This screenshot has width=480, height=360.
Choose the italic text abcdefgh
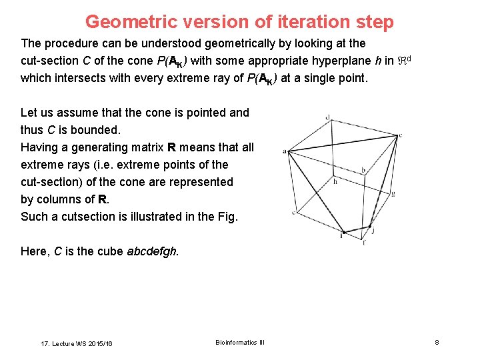coord(152,251)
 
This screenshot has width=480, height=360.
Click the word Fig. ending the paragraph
coord(226,217)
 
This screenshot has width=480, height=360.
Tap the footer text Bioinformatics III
coord(240,343)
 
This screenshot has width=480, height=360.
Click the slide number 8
coord(437,343)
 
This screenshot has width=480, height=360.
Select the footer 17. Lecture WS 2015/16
coord(77,343)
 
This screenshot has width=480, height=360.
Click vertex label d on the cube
coord(327,117)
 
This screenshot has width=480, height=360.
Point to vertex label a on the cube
coord(285,151)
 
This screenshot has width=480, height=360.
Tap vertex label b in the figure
coord(363,171)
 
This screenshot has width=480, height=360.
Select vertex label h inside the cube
coord(335,181)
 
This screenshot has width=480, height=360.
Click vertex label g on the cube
coord(393,193)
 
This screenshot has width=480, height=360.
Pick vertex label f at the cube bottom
coord(364,242)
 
